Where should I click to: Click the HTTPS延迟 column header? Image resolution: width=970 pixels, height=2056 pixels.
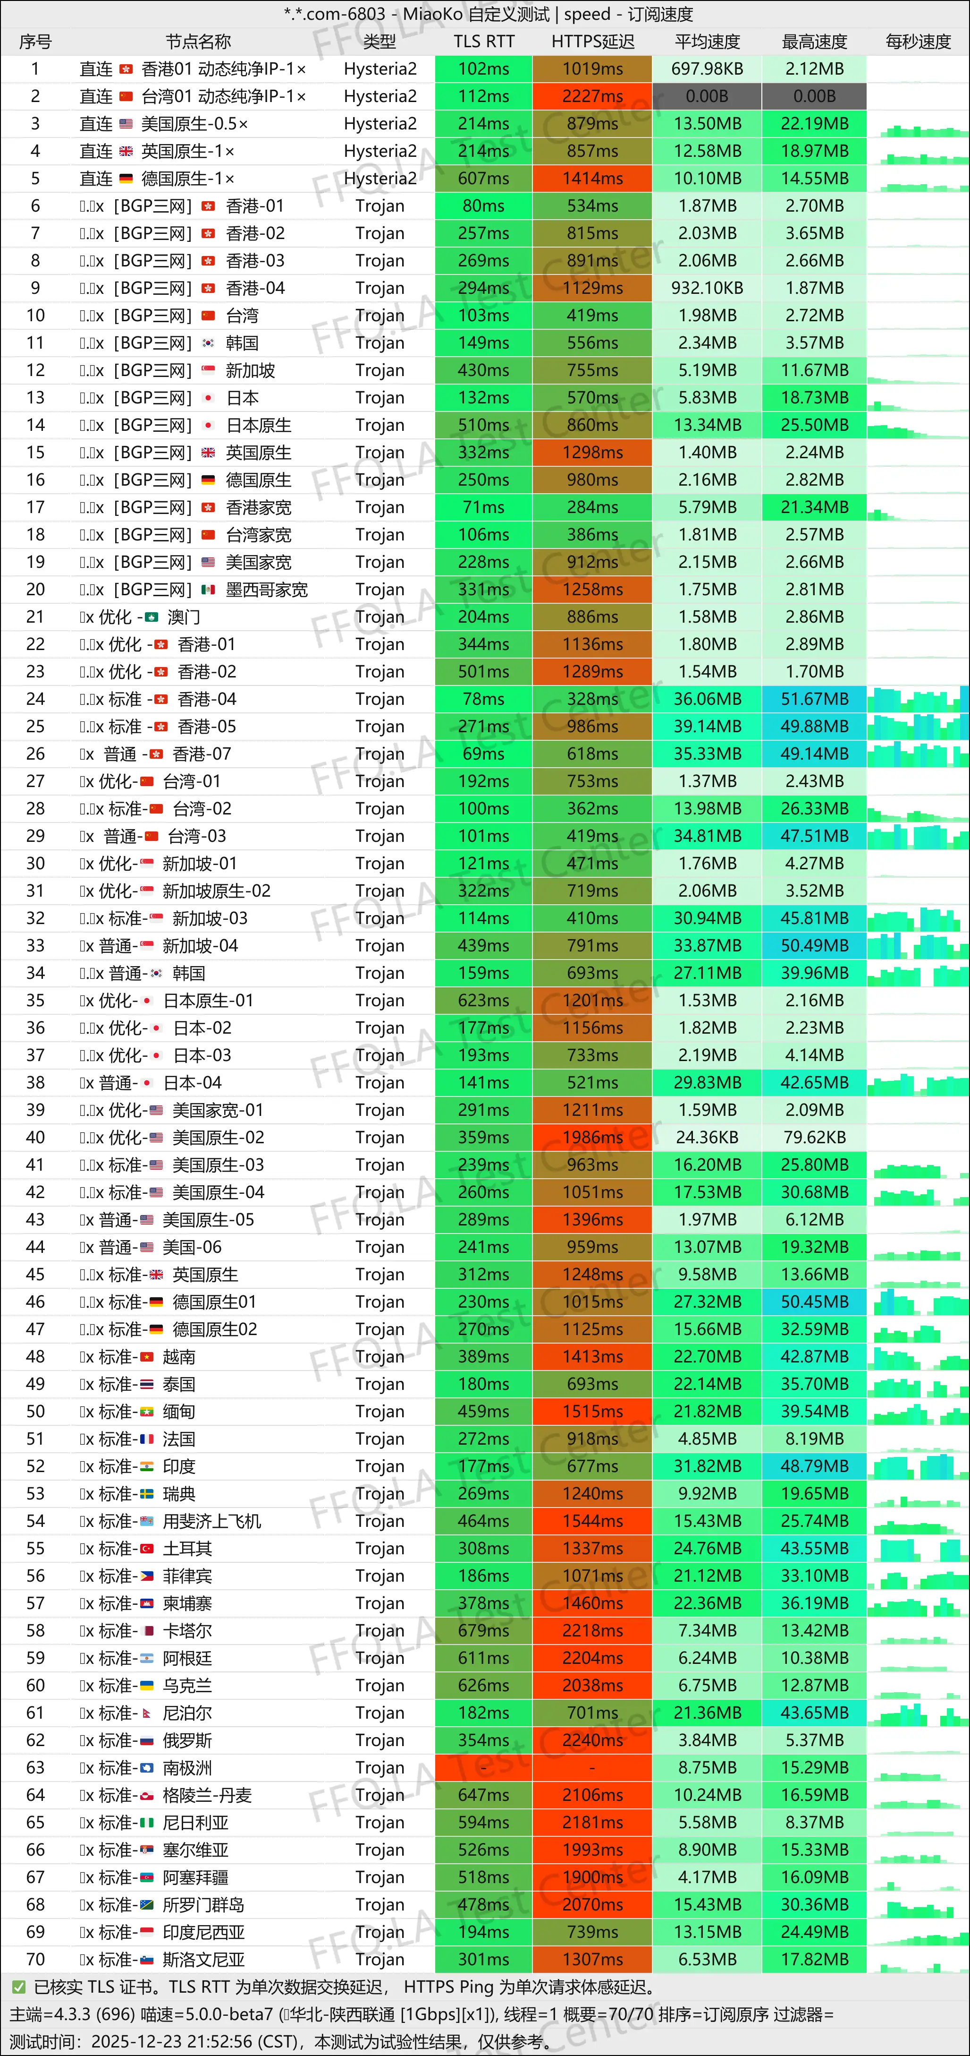(x=592, y=42)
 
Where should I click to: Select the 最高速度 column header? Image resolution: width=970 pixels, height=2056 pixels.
(x=814, y=42)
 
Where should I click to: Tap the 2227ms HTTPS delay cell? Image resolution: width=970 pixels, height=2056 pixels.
(x=592, y=96)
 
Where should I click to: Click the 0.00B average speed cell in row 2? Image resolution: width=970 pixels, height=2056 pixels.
(x=707, y=96)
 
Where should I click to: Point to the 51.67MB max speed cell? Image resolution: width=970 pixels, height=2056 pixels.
(x=814, y=699)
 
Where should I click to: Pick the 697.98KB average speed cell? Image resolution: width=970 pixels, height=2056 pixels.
(x=707, y=69)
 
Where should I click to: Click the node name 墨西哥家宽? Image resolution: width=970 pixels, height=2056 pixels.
(x=266, y=590)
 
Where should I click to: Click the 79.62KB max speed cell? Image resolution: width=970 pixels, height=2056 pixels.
(x=814, y=1137)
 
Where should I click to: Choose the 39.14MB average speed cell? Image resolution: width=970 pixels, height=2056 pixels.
(x=707, y=726)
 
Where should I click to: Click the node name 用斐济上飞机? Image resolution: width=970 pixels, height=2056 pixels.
(x=212, y=1521)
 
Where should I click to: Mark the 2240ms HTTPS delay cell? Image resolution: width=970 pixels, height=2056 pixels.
(x=592, y=1740)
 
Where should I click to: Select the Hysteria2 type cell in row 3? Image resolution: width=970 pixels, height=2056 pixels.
(x=380, y=124)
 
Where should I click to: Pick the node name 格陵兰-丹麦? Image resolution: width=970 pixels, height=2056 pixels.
(x=207, y=1795)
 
